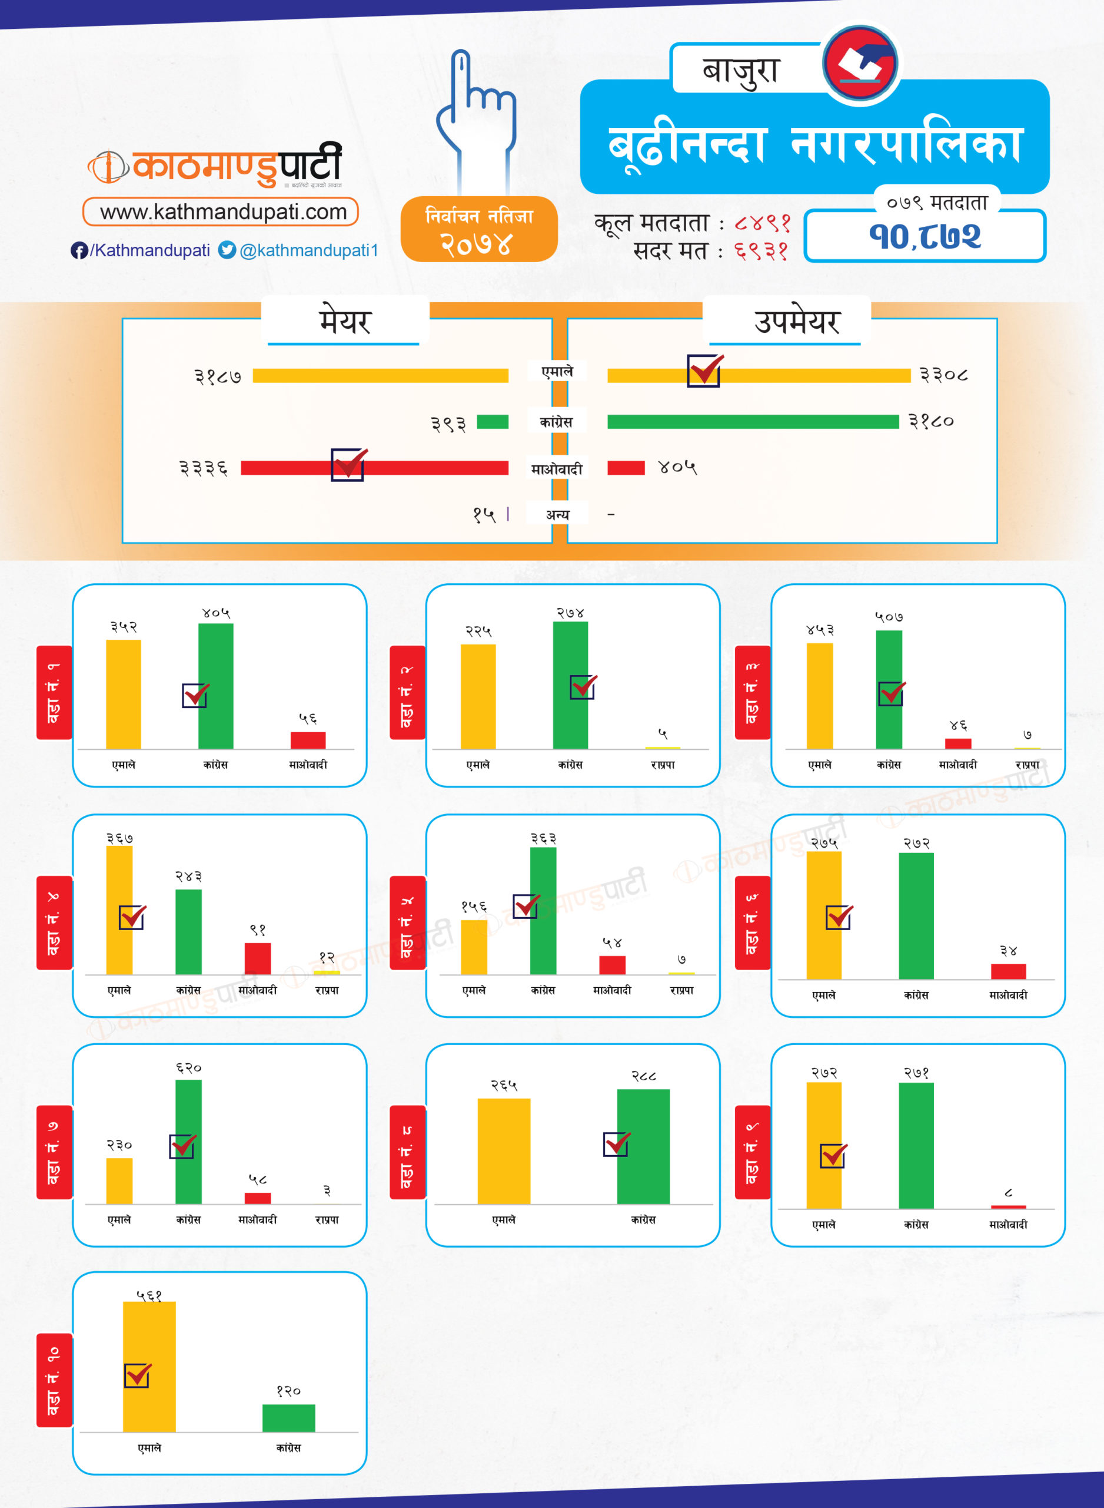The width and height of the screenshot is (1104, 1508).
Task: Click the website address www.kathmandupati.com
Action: pyautogui.click(x=223, y=212)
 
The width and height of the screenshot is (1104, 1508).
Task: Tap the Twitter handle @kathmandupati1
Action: pyautogui.click(x=309, y=250)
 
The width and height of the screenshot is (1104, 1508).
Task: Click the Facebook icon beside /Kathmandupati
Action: pyautogui.click(x=79, y=251)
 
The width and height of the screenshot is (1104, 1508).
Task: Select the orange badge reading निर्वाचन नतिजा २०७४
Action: pyautogui.click(x=478, y=229)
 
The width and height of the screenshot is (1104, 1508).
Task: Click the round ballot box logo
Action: pyautogui.click(x=860, y=64)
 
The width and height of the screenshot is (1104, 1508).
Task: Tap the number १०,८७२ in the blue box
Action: pyautogui.click(x=925, y=236)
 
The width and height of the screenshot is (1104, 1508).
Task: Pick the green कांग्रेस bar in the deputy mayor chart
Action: pyautogui.click(x=753, y=421)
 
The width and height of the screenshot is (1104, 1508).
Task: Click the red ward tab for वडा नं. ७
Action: pyautogui.click(x=54, y=1152)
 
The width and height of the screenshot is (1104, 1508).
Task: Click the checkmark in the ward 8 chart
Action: pyautogui.click(x=616, y=1143)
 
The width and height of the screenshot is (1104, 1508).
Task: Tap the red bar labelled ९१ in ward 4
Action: pyautogui.click(x=257, y=958)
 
